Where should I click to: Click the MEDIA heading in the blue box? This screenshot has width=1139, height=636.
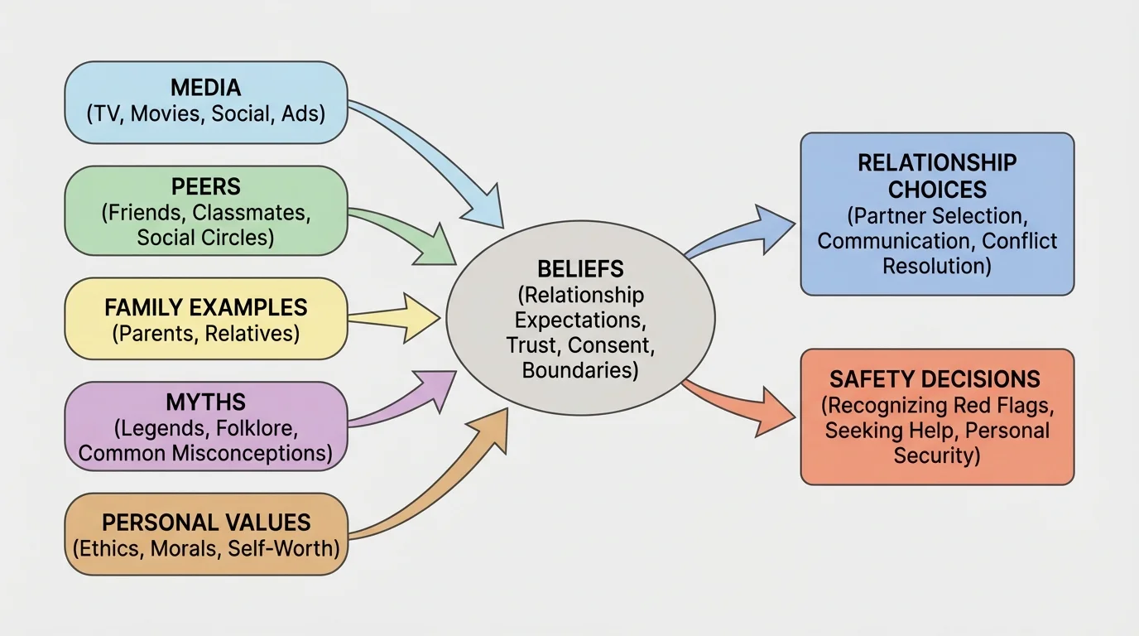pos(206,87)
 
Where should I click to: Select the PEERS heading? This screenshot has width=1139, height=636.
pos(206,186)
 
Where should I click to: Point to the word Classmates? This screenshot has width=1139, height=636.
pos(251,212)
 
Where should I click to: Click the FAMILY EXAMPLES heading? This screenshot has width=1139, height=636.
pos(206,307)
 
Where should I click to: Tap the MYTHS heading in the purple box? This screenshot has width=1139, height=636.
pos(206,402)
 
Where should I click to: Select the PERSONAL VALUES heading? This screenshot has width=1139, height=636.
pos(206,523)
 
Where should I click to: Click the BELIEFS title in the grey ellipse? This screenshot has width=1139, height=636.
pos(580,268)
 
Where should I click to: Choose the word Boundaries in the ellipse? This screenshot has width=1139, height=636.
pos(580,369)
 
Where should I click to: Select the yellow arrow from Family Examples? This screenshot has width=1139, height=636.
pos(397,317)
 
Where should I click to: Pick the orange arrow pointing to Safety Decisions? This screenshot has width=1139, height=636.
pos(745,406)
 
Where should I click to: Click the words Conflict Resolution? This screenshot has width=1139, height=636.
pos(977,253)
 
